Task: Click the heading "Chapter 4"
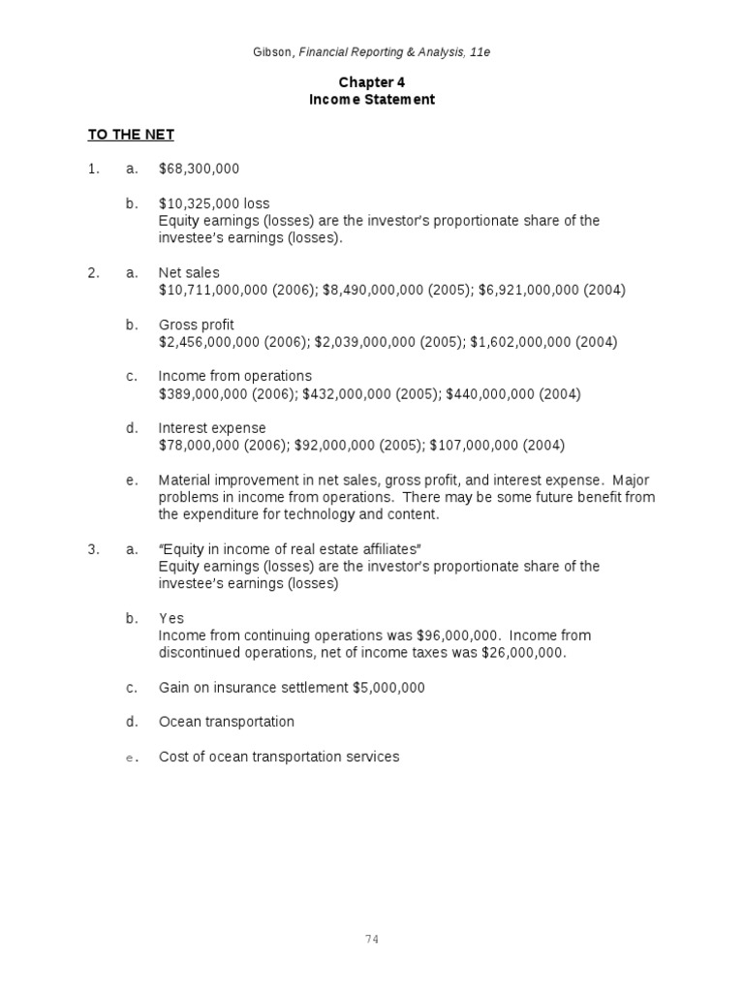pyautogui.click(x=372, y=82)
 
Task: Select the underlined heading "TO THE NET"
pyautogui.click(x=131, y=135)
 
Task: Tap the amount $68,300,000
pyautogui.click(x=199, y=170)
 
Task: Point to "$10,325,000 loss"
pyautogui.click(x=214, y=203)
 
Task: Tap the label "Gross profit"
pyautogui.click(x=196, y=325)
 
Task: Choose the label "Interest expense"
pyautogui.click(x=211, y=428)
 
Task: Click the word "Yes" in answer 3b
pyautogui.click(x=170, y=618)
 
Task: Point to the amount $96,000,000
pyautogui.click(x=458, y=635)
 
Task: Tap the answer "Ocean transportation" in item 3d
pyautogui.click(x=226, y=722)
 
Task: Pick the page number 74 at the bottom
pyautogui.click(x=372, y=939)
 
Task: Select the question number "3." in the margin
pyautogui.click(x=93, y=549)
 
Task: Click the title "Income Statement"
pyautogui.click(x=372, y=100)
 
